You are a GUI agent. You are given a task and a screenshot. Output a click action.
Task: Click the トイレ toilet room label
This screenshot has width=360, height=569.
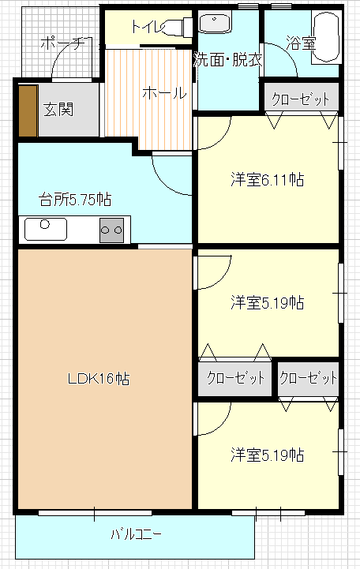(x=148, y=27)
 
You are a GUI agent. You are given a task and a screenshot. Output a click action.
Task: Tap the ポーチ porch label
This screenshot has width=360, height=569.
(x=62, y=43)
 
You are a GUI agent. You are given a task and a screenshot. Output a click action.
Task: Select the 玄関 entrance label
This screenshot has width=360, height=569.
(x=58, y=109)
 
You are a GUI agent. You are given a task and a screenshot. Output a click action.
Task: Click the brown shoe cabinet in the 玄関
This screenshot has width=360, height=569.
(x=28, y=111)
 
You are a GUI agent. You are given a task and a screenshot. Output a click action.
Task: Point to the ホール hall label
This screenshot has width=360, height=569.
(x=164, y=93)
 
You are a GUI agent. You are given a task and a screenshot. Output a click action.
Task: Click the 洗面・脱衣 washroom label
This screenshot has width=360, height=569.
(x=228, y=60)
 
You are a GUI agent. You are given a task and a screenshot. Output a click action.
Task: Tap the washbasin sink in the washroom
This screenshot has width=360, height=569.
(x=216, y=23)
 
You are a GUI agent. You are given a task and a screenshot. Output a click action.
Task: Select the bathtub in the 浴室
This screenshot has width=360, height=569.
(x=327, y=37)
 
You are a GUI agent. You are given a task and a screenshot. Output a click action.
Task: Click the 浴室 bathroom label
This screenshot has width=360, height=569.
(x=301, y=43)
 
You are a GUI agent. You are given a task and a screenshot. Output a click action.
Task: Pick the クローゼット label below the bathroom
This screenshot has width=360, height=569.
(x=301, y=99)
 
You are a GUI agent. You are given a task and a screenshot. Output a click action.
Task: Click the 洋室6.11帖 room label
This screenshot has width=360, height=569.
(x=268, y=180)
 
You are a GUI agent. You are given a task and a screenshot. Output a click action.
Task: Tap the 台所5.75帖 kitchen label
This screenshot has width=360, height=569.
(x=75, y=199)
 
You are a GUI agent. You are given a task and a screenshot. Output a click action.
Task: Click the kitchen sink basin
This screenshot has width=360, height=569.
(x=46, y=230)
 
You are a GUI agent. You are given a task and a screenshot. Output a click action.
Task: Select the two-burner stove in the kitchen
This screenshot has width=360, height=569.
(x=112, y=230)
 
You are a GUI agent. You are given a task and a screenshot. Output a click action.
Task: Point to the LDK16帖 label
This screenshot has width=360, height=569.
(x=99, y=379)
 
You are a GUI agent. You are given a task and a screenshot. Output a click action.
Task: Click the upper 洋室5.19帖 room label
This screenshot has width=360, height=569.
(x=268, y=302)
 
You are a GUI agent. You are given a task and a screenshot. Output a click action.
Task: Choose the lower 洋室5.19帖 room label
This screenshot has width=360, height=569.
(x=268, y=455)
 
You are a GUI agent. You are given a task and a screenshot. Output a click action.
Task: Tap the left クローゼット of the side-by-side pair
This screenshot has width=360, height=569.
(x=235, y=378)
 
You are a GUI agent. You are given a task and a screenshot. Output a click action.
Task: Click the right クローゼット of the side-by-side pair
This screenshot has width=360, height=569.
(x=309, y=378)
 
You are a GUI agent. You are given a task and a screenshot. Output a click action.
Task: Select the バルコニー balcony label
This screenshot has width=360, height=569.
(x=136, y=534)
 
